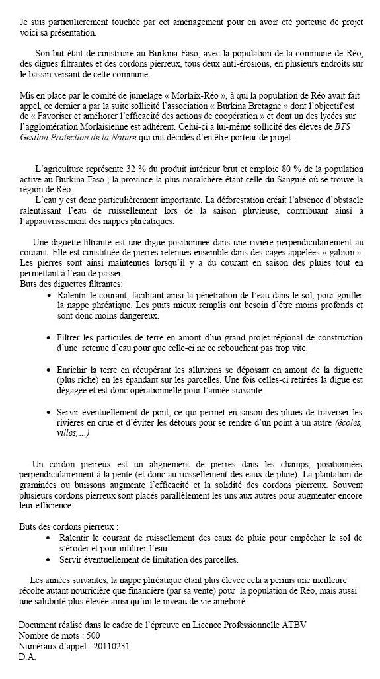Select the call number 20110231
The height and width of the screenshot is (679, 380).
click(110, 646)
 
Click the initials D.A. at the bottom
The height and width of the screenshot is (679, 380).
click(27, 657)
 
